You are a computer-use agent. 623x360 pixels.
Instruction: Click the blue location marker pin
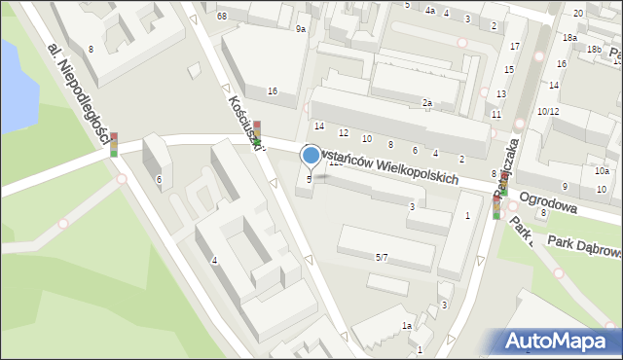point(311,155)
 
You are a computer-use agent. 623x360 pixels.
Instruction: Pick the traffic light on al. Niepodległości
point(114,144)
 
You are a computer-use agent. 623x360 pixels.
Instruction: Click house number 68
point(222,17)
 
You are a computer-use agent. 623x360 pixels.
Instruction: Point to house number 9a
point(301,30)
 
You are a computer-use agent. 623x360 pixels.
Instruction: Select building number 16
point(273,90)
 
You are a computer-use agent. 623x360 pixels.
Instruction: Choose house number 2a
point(426,102)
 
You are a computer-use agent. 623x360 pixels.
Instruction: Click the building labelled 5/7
point(382,257)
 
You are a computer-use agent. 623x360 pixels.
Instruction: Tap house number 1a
point(408,325)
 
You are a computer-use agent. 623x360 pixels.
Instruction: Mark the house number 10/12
point(547,112)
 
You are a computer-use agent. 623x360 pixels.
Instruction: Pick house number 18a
point(569,37)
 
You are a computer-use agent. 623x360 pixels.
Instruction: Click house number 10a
point(602,171)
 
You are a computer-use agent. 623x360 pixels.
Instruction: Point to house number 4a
point(429,11)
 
